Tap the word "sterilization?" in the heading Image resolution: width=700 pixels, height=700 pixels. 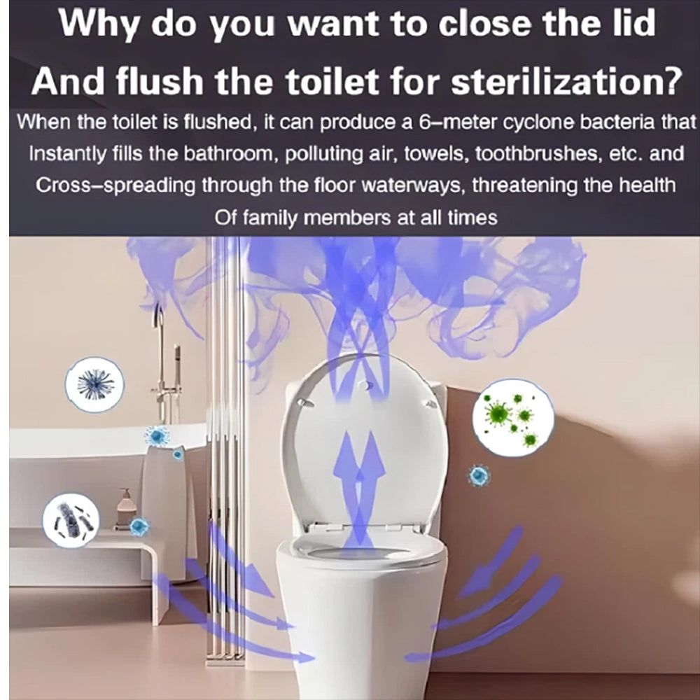click(x=567, y=81)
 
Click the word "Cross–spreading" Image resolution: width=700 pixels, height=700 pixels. click(x=115, y=185)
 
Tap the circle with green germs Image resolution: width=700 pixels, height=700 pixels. click(x=513, y=418)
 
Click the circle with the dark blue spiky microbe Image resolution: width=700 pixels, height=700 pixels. click(x=94, y=384)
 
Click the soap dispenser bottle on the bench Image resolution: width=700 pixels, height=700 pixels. click(x=125, y=508)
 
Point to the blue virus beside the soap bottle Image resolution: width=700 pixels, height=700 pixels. click(x=139, y=527)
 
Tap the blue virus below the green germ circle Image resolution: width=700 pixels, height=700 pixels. click(x=479, y=476)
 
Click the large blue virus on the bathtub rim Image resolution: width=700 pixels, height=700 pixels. click(x=157, y=436)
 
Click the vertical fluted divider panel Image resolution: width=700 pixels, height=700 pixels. click(x=225, y=447)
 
